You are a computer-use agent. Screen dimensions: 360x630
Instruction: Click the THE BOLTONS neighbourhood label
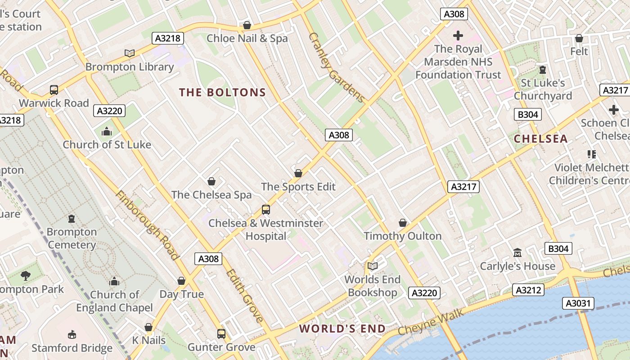[x=222, y=93]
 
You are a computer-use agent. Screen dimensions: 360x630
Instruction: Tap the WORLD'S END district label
[x=342, y=328]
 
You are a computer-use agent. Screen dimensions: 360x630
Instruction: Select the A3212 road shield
[x=528, y=290]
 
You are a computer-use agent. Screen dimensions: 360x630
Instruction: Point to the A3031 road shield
[x=578, y=303]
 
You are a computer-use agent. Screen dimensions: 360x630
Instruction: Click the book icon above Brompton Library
[x=130, y=54]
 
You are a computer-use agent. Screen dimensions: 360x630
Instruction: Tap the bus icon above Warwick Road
[x=54, y=90]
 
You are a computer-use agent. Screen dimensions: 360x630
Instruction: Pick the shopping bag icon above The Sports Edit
[x=298, y=173]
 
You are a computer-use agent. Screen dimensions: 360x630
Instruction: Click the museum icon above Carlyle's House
[x=517, y=253]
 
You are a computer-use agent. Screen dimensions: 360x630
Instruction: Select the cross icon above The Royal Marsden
[x=458, y=36]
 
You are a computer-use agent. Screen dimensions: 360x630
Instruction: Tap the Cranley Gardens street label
[x=336, y=67]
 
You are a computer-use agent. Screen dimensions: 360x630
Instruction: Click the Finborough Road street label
[x=147, y=225]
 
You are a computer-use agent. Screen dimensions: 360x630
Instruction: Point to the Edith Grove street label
[x=244, y=296]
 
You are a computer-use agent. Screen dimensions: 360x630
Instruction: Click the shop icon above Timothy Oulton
[x=403, y=223]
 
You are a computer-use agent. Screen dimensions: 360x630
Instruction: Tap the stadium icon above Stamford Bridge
[x=72, y=335]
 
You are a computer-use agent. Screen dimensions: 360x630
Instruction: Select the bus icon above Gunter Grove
[x=221, y=334]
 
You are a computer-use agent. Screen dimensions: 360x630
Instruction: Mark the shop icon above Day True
[x=181, y=281]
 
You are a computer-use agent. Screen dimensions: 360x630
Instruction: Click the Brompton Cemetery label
[x=72, y=238]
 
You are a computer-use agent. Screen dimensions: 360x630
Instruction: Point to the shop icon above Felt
[x=579, y=38]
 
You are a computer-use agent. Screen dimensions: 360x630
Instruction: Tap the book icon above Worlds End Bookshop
[x=372, y=266]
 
